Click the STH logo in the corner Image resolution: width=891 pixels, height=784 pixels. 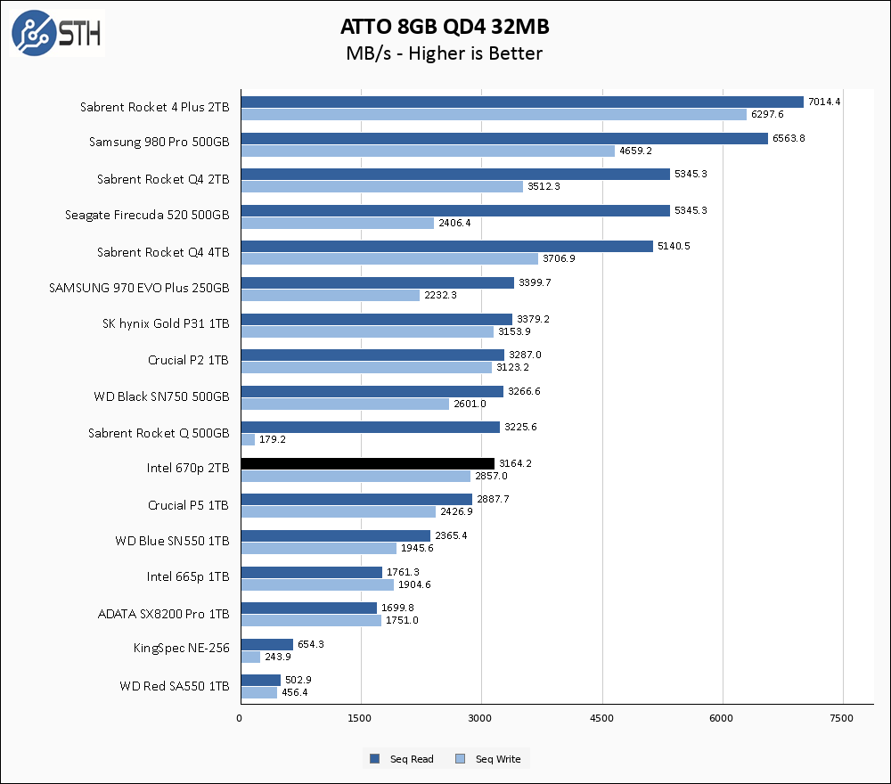click(56, 34)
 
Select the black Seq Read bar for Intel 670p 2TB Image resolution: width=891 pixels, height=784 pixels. click(367, 463)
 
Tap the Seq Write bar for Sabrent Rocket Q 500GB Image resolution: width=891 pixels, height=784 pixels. click(248, 439)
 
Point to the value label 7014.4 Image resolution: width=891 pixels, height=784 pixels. click(824, 102)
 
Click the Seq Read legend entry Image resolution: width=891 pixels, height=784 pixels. click(402, 759)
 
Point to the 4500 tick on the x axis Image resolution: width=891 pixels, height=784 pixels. click(602, 718)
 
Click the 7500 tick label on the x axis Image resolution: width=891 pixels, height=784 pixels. click(843, 718)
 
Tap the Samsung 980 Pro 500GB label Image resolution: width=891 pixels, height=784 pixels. click(159, 143)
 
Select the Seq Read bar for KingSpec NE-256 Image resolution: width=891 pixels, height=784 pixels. click(266, 644)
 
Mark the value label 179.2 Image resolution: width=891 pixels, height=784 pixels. click(273, 439)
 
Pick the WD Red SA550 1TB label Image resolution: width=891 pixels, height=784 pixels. click(174, 687)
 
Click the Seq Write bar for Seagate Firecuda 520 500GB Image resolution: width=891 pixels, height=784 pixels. click(337, 223)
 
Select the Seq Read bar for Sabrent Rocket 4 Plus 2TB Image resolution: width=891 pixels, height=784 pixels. click(522, 102)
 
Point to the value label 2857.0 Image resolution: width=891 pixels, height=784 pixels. click(491, 476)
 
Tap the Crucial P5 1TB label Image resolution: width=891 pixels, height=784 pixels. click(188, 505)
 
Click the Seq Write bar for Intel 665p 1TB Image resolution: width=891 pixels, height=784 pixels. click(316, 584)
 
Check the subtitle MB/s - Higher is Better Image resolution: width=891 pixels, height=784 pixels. click(445, 53)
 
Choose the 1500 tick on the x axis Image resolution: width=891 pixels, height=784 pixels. click(361, 718)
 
